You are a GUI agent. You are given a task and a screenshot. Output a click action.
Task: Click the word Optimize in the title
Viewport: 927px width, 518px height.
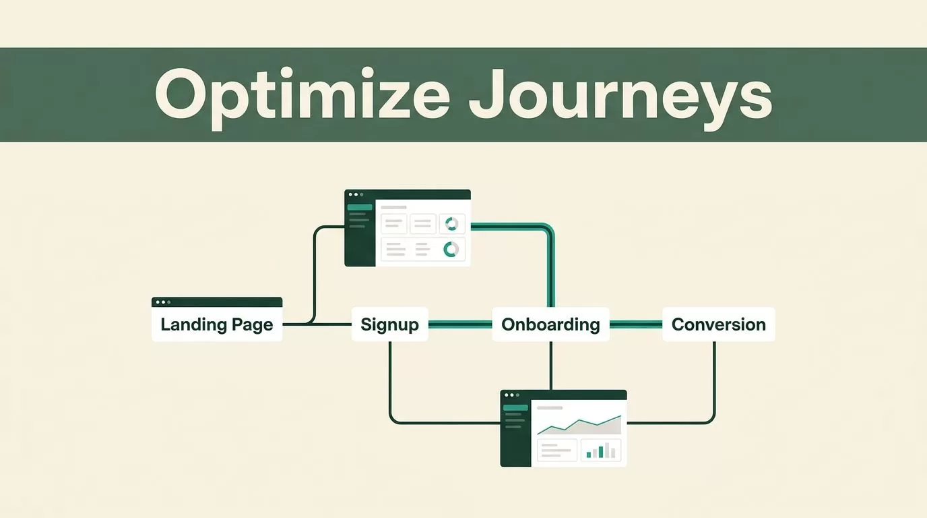click(x=302, y=97)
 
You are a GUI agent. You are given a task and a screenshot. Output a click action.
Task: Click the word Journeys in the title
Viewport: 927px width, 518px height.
click(x=620, y=97)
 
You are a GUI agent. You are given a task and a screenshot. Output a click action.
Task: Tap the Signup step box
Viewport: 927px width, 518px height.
click(x=389, y=324)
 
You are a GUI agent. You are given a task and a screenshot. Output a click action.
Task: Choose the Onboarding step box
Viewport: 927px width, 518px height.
click(x=550, y=324)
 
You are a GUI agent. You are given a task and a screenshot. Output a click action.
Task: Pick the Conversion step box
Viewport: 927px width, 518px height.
click(x=718, y=324)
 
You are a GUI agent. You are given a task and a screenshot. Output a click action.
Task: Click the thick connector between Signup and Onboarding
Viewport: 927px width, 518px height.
click(x=459, y=324)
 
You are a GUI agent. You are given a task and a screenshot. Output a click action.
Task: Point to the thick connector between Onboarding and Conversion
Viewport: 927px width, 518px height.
click(x=636, y=324)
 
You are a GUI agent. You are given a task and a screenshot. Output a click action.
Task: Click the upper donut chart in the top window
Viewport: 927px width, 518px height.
click(x=451, y=224)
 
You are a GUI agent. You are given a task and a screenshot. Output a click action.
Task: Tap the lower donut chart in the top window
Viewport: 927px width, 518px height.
click(x=451, y=250)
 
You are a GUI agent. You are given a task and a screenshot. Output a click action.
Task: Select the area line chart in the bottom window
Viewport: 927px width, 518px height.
click(x=579, y=424)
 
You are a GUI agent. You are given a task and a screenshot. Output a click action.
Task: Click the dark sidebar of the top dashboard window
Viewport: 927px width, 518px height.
click(x=360, y=233)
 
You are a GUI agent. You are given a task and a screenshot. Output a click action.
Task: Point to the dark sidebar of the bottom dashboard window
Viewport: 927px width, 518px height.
click(x=515, y=434)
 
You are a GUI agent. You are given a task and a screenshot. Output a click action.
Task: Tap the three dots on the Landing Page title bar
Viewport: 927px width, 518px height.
click(x=163, y=302)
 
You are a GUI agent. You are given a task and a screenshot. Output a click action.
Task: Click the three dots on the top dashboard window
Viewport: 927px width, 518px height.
click(x=356, y=194)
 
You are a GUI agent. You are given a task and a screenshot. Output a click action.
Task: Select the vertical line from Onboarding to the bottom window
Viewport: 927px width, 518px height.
click(x=550, y=366)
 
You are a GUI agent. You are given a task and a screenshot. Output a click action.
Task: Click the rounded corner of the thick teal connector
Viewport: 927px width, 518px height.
click(x=549, y=229)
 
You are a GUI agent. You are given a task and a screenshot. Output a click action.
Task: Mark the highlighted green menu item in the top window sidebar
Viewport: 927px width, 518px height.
click(x=360, y=207)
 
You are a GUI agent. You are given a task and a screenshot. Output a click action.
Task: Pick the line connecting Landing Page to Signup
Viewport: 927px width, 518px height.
click(x=317, y=324)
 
